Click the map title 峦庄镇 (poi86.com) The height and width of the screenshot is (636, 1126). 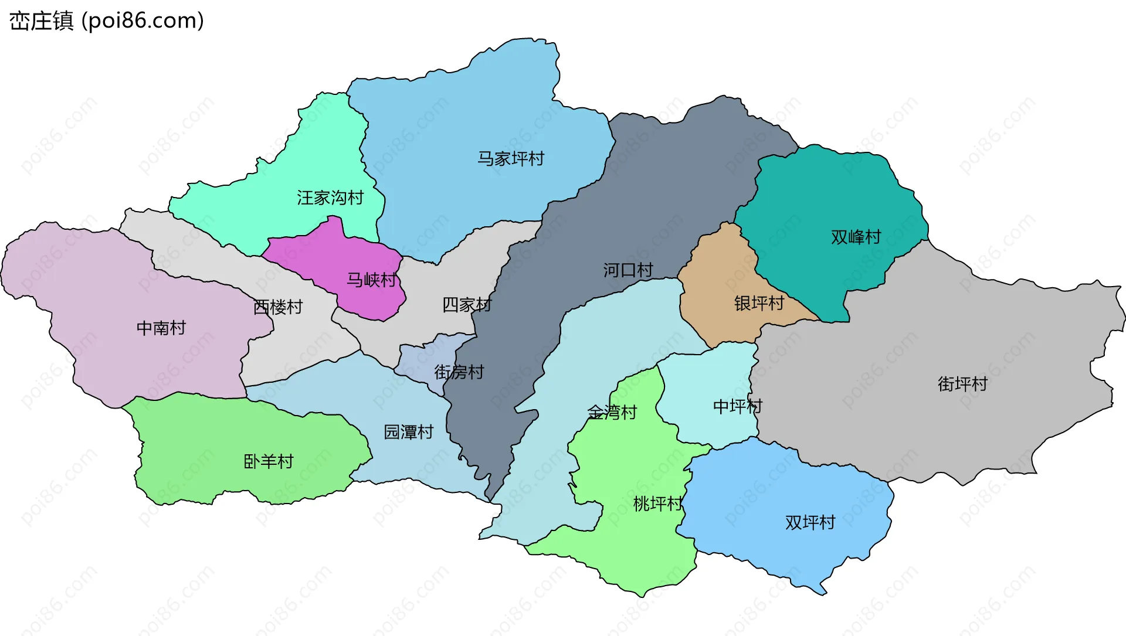coord(107,21)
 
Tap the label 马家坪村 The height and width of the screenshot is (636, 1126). coord(511,158)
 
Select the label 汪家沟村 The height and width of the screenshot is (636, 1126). coord(330,198)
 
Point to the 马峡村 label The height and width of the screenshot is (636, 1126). coord(371,280)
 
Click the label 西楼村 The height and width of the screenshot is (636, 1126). coord(278,307)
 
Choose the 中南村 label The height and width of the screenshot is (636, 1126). coord(161,328)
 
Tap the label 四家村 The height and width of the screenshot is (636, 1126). coord(467,305)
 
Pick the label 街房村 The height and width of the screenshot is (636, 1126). coord(459,372)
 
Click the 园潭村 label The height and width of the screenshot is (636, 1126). coord(409,432)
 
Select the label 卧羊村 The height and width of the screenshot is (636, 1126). coord(269,461)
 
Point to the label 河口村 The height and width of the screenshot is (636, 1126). coord(628,270)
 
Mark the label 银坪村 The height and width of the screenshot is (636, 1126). coord(759,303)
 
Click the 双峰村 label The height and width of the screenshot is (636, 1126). coord(856,237)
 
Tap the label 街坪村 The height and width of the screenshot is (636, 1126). coord(963,384)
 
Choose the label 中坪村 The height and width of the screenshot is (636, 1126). coord(737,406)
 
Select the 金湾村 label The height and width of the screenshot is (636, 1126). coord(612,412)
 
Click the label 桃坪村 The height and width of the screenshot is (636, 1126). coord(658,504)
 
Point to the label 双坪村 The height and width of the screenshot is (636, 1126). coord(810,522)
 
